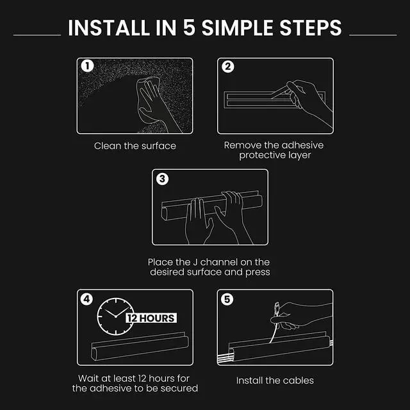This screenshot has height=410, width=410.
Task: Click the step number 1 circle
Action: (87, 66)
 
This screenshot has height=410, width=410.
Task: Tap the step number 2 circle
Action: (228, 67)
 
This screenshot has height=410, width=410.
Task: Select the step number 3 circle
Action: (162, 179)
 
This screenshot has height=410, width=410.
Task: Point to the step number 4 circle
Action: (87, 299)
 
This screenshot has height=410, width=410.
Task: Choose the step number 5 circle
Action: (227, 299)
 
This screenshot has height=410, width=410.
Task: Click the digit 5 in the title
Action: (189, 28)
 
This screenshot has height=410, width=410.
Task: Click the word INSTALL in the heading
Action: (109, 28)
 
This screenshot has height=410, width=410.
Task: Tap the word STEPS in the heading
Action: (311, 28)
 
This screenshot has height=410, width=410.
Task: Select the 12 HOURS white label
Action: (151, 318)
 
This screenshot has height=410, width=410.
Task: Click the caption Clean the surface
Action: (135, 146)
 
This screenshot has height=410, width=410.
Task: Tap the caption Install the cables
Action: (275, 381)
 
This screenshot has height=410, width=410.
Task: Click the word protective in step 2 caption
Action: (262, 155)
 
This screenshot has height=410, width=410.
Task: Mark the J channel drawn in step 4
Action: (140, 346)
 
